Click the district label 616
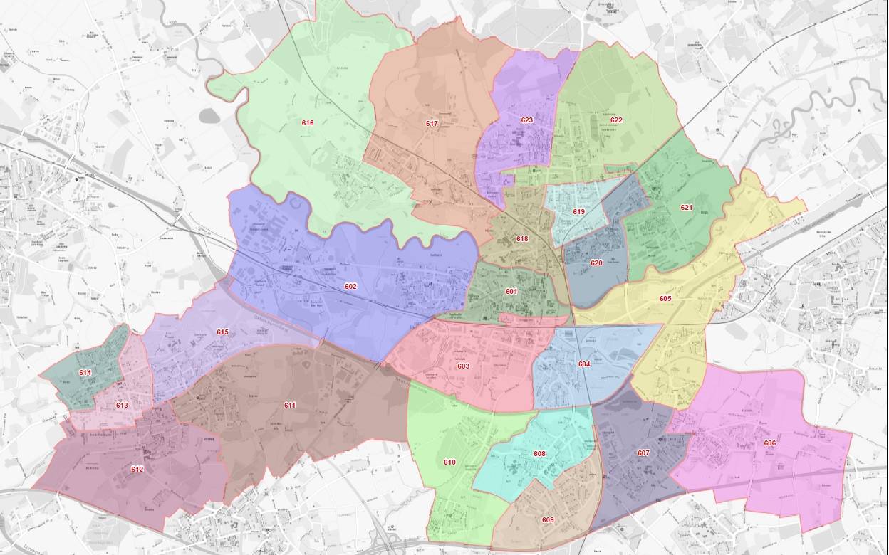(308, 123)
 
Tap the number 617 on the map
(432, 124)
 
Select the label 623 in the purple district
(527, 120)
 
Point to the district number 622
(616, 120)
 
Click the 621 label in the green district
(686, 208)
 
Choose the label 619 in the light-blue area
(578, 212)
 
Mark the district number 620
(596, 263)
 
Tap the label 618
(522, 239)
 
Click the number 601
(511, 292)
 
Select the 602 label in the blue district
(350, 287)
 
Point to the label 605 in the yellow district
(665, 299)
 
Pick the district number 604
(584, 364)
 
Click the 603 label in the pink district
(463, 366)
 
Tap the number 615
(222, 332)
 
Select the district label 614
(85, 373)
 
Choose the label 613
(122, 406)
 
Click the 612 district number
(137, 470)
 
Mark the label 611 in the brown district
(290, 406)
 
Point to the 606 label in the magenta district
(769, 443)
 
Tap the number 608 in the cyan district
(539, 454)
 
